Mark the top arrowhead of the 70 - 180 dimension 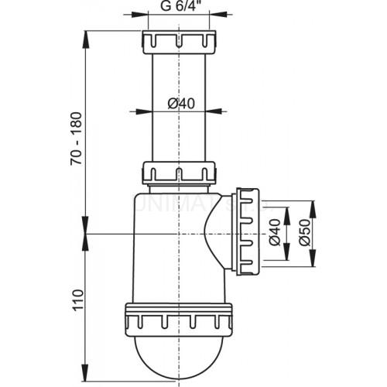pyautogui.click(x=84, y=35)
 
